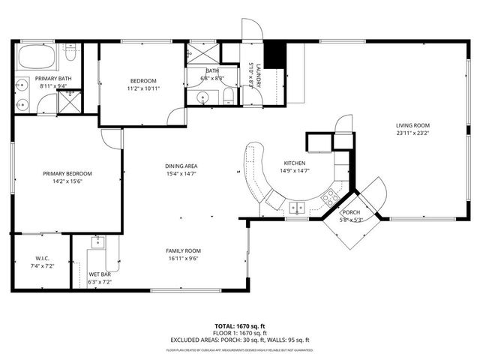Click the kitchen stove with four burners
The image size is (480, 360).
(328, 198)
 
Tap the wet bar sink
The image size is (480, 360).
(97, 242)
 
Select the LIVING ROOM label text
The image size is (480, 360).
(413, 125)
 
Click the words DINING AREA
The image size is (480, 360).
(181, 166)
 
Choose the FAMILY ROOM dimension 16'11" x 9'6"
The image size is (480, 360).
(184, 259)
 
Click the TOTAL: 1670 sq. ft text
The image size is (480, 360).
(240, 326)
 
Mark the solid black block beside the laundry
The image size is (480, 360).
(277, 55)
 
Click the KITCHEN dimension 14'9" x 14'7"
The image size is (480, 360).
(293, 171)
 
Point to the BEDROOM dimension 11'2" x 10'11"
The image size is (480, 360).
(143, 88)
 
